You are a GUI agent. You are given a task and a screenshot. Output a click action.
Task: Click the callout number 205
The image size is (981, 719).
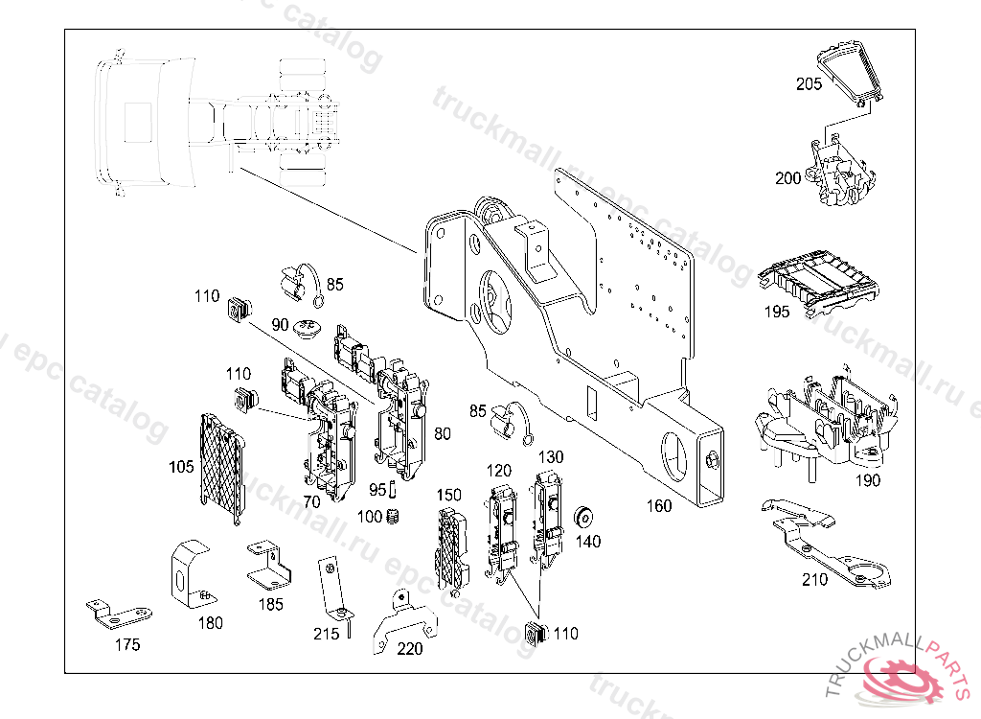point(810,84)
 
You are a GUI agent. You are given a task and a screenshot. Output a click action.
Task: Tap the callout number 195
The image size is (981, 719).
point(777,312)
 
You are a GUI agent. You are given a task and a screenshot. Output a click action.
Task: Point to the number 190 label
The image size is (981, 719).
point(867,480)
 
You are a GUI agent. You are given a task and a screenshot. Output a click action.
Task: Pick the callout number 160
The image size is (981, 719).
point(658,505)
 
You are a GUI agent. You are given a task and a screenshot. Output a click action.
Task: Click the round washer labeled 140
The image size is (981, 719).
point(581,520)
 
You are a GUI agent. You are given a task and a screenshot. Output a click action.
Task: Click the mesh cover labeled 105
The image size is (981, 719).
point(222,467)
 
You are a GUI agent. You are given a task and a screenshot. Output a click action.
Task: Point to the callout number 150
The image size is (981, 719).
point(449,495)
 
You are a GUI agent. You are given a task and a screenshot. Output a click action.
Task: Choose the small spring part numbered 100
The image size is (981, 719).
point(395,520)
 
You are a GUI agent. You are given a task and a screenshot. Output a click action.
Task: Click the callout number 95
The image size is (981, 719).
point(377,490)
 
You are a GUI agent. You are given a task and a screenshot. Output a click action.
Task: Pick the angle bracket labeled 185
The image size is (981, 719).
point(267,566)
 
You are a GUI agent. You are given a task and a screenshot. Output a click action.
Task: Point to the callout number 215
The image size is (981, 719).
point(326,634)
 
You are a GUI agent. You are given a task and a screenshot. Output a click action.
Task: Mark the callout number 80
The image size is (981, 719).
point(442,433)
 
